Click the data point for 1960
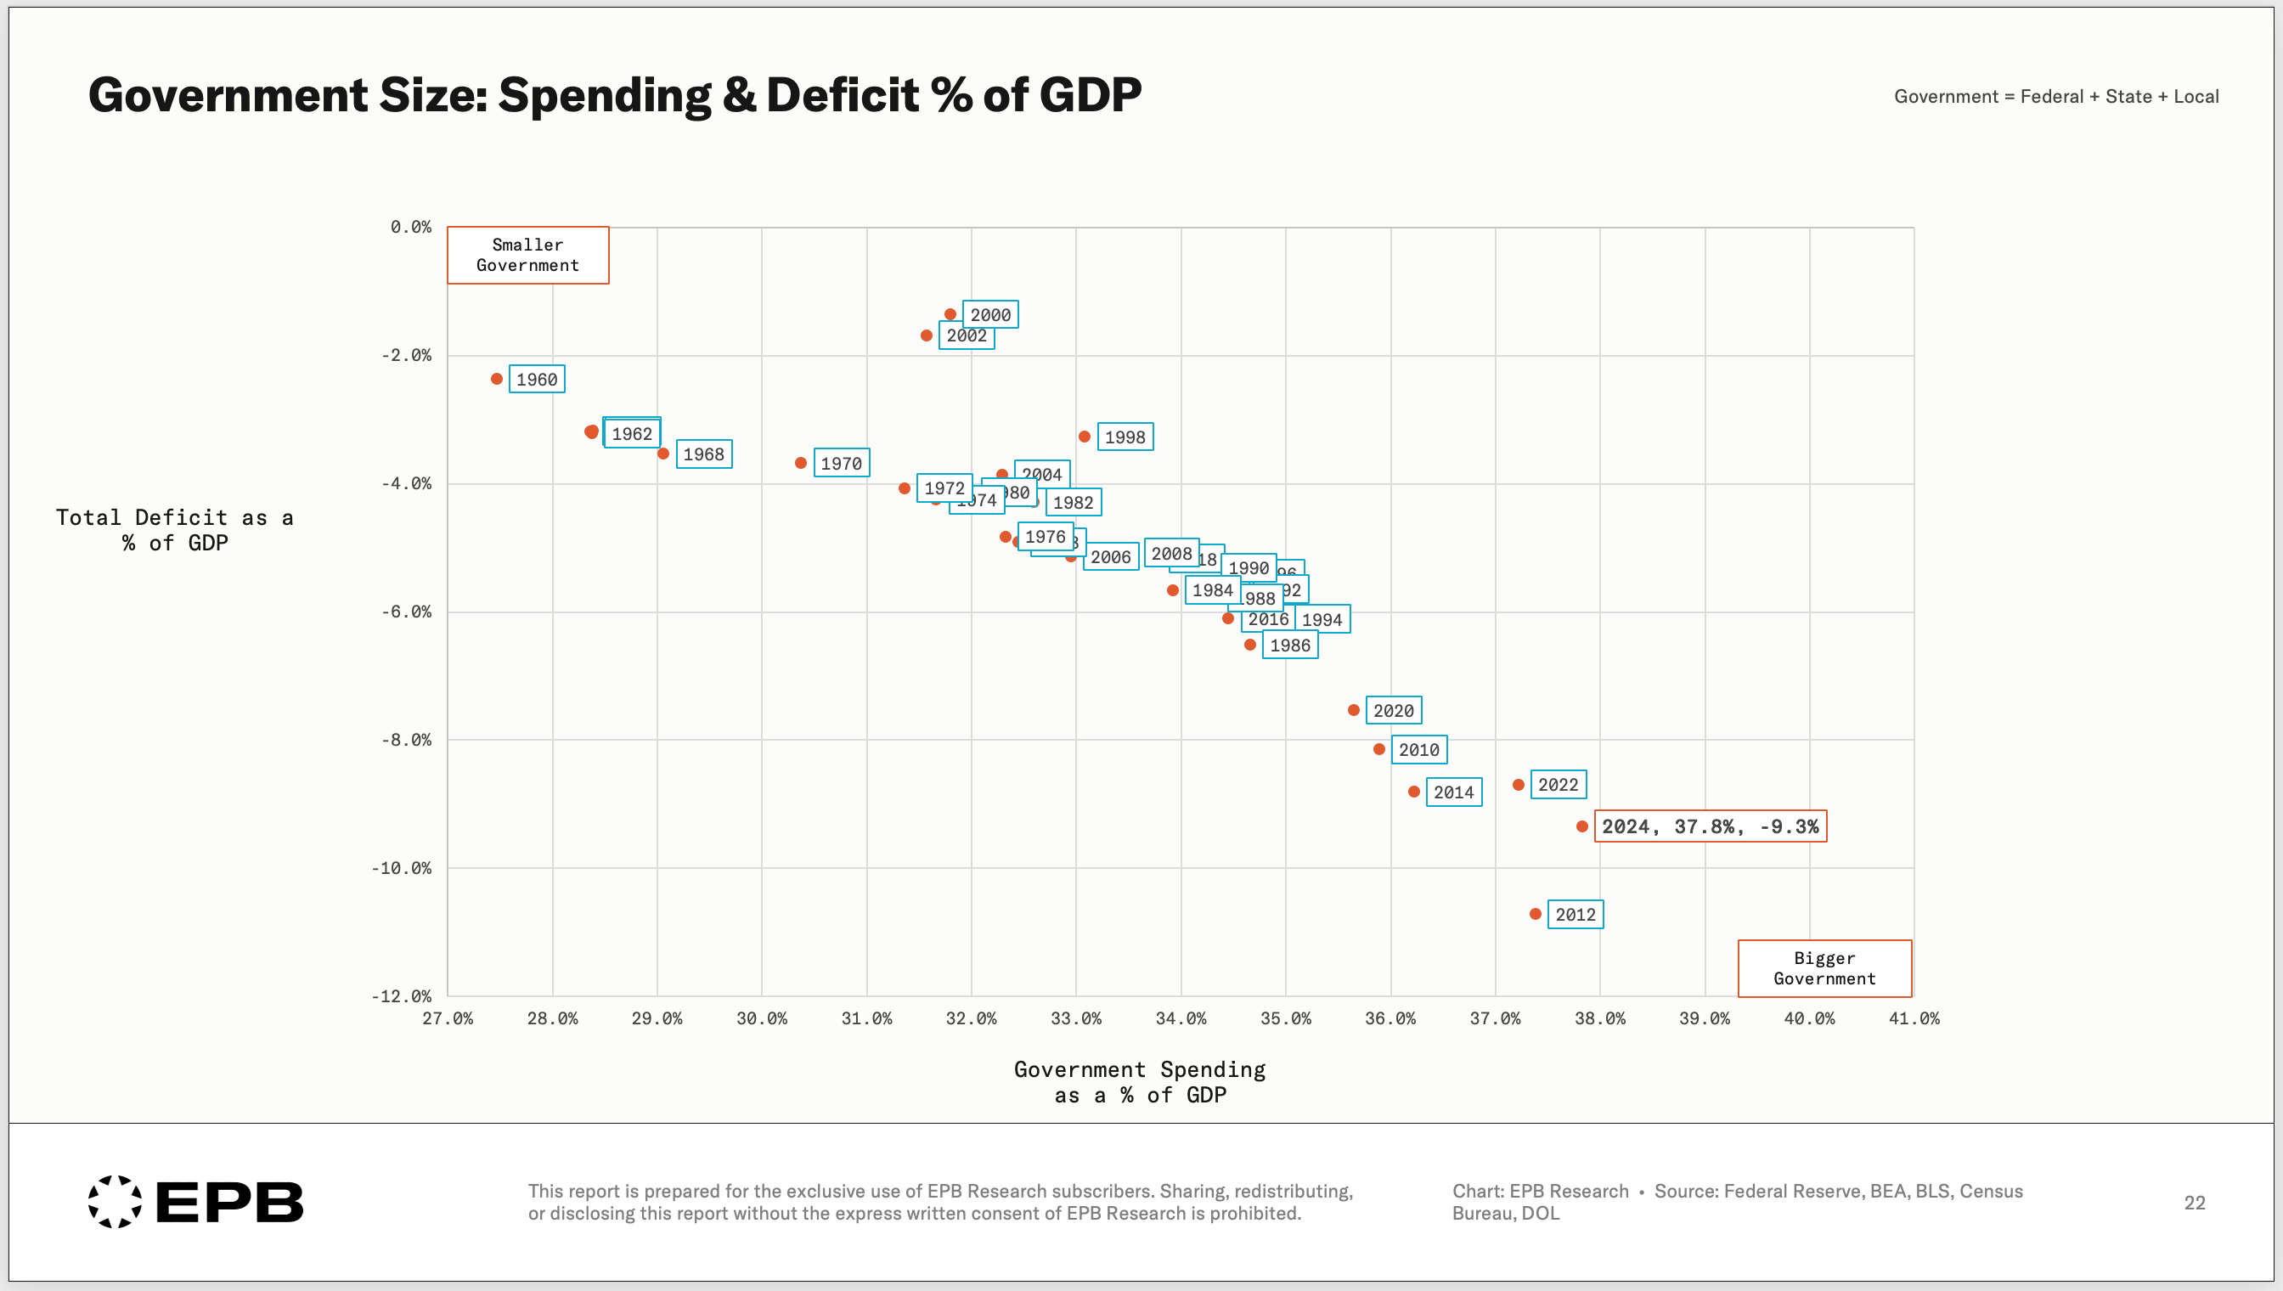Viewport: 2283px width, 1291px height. [x=497, y=380]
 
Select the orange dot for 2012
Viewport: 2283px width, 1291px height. [x=1535, y=914]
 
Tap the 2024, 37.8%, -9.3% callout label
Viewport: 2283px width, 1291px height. [x=1710, y=826]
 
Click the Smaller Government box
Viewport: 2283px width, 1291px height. [x=527, y=256]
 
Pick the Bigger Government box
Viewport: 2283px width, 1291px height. [x=1824, y=968]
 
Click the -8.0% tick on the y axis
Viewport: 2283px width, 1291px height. [x=406, y=741]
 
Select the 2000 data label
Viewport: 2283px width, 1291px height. [x=989, y=315]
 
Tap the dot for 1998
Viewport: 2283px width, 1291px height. [x=1084, y=437]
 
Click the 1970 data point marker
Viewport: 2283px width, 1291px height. [x=801, y=463]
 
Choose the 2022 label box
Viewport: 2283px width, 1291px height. [x=1558, y=785]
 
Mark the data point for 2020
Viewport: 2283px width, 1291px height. [x=1353, y=710]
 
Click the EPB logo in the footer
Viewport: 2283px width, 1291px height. [x=196, y=1203]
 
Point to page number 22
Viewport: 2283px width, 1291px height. [x=2194, y=1204]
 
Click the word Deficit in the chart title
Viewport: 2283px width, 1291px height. [x=843, y=95]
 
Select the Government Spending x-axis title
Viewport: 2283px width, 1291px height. [x=1139, y=1082]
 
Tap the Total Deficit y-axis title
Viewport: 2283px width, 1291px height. [x=175, y=530]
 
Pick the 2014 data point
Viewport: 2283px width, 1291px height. [x=1413, y=792]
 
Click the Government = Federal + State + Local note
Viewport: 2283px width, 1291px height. [x=2055, y=97]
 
